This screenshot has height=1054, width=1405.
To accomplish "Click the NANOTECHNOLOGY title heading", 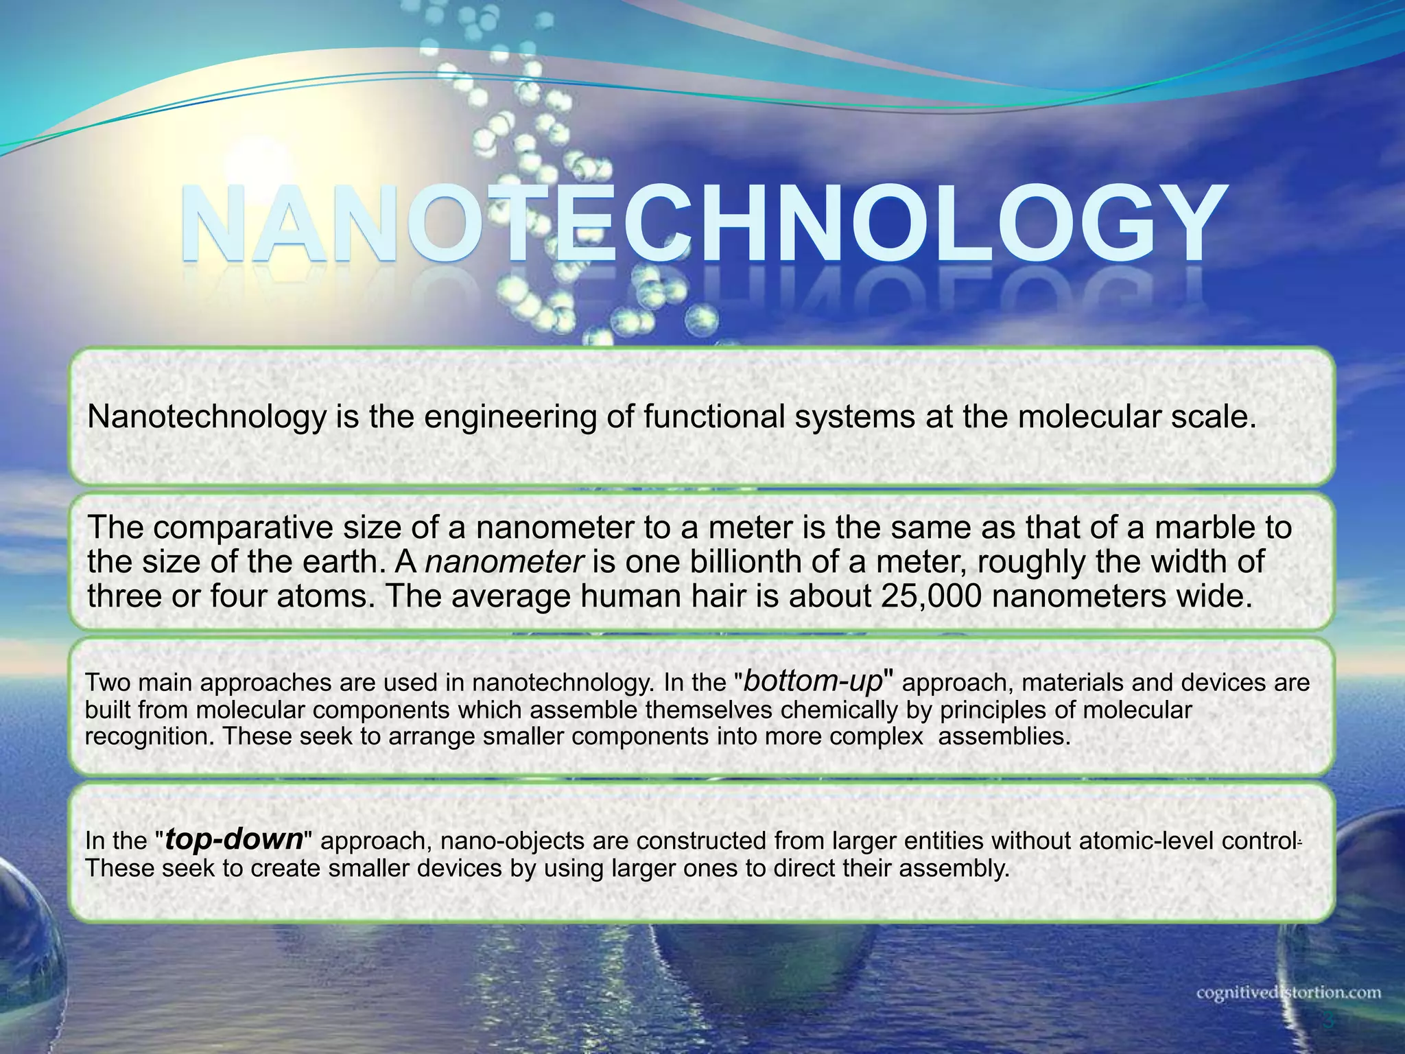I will click(x=702, y=223).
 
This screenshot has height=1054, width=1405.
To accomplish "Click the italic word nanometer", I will click(x=504, y=562).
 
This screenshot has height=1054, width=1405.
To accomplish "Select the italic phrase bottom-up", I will click(x=813, y=681).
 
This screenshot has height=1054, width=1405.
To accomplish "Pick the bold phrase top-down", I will click(x=234, y=839).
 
